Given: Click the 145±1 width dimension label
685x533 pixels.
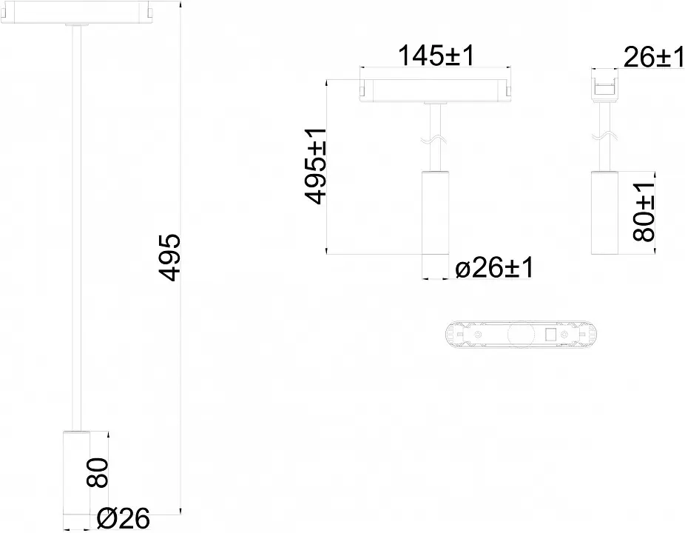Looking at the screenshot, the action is point(436,56).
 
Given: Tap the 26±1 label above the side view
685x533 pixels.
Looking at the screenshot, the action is point(653,57).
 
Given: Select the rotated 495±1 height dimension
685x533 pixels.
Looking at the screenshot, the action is point(315,166).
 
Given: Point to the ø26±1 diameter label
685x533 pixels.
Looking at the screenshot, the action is point(494,267).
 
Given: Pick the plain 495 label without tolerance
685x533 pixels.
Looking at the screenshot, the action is point(169,258).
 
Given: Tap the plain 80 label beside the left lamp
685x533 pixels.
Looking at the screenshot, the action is point(97,472).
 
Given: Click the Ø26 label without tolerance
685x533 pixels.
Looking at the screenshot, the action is point(124,518).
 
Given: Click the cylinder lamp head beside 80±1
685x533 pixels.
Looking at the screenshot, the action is point(604,212).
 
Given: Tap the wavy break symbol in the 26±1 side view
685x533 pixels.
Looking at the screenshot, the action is point(604,137).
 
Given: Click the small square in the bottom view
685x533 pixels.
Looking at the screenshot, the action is point(550,335).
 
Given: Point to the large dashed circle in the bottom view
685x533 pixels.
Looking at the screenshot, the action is point(521,335).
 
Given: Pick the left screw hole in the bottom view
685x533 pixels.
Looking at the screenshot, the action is point(479,335).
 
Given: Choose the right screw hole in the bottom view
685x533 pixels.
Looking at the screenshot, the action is point(565,335).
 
